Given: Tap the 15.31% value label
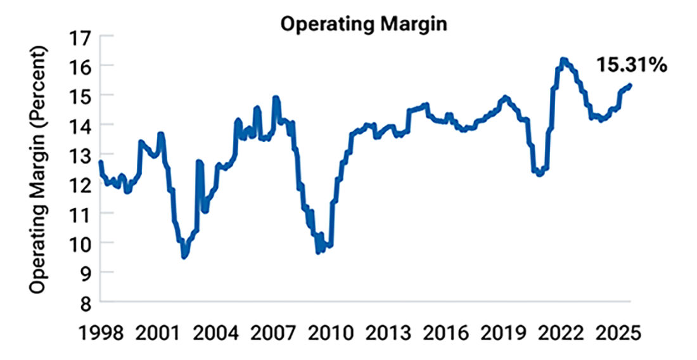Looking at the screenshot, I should (x=632, y=65).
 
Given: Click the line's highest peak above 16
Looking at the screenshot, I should (x=563, y=60).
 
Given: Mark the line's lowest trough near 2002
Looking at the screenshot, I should (x=184, y=257).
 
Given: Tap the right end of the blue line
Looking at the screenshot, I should (x=630, y=86).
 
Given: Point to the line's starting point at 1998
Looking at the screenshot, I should (x=101, y=162).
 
